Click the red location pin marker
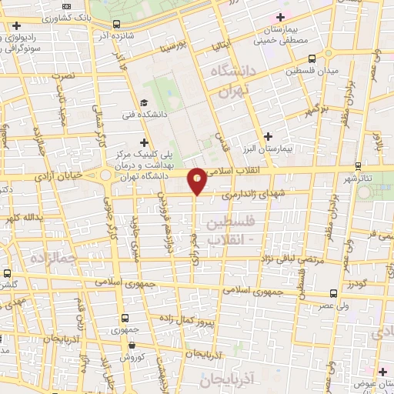198,181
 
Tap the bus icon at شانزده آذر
116,25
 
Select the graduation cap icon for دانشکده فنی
144,103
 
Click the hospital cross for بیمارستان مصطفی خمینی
281,17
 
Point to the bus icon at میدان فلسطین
312,58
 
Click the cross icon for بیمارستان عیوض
382,372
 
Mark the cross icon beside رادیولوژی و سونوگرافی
15,25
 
